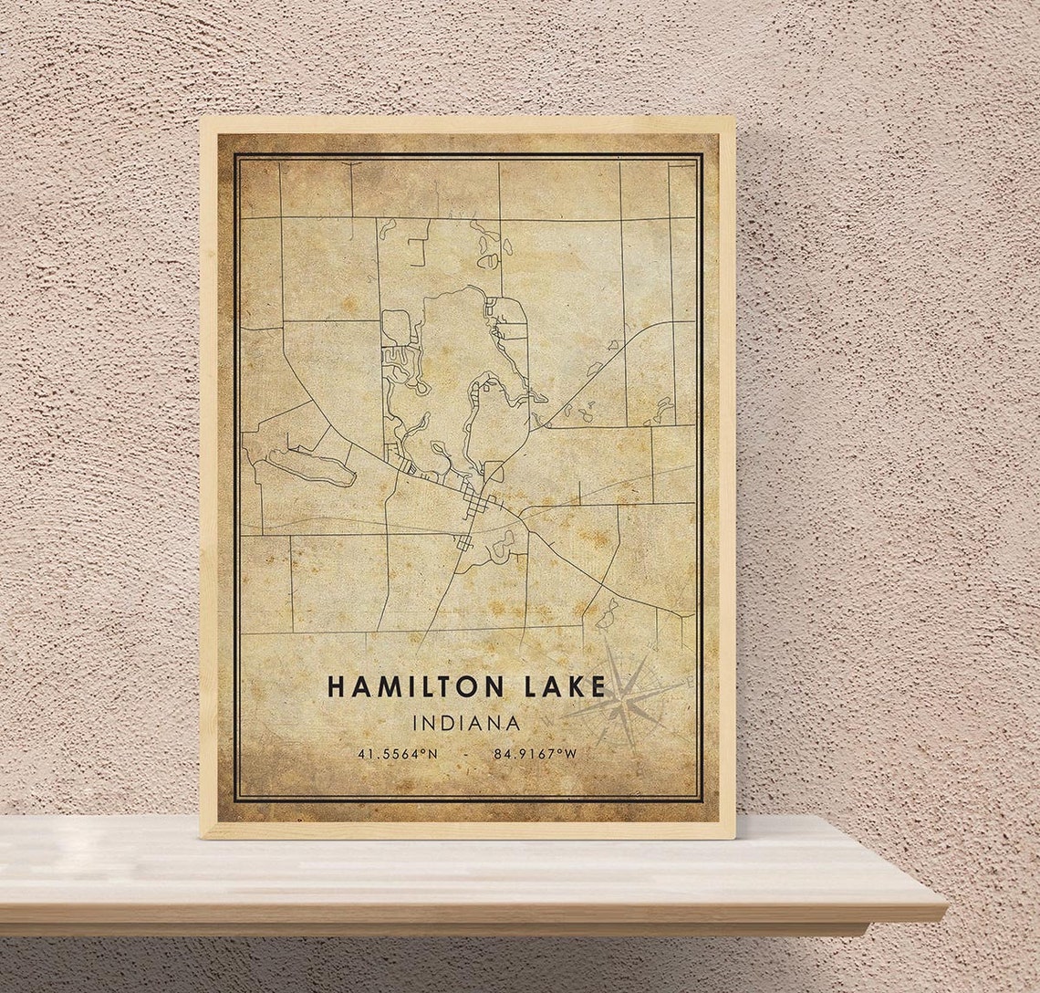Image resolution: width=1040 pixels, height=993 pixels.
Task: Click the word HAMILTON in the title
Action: click(x=415, y=686)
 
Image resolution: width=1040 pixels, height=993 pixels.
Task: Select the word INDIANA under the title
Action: click(x=466, y=723)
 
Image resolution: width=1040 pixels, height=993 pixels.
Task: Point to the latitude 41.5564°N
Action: click(x=397, y=754)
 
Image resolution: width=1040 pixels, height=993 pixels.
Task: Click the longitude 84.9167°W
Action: click(x=536, y=754)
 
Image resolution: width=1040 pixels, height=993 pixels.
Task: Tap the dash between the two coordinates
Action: click(x=466, y=755)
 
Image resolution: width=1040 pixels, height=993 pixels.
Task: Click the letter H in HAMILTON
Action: click(x=336, y=686)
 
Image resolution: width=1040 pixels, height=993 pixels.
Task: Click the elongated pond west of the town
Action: click(x=311, y=465)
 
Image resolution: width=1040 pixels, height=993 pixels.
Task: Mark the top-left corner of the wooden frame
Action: click(x=202, y=118)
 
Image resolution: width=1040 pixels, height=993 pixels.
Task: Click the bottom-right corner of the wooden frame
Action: click(x=734, y=837)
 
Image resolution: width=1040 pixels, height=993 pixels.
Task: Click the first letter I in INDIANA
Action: click(x=417, y=723)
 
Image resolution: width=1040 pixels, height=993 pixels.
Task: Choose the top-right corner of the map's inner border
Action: click(x=700, y=156)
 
